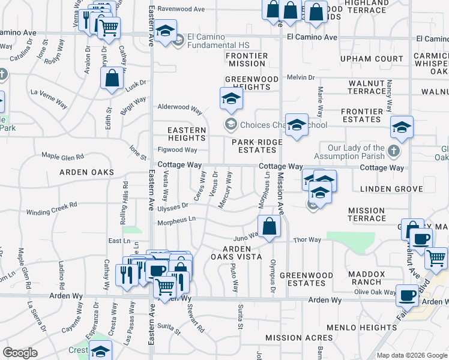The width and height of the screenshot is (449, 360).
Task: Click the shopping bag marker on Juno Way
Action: (x=270, y=227)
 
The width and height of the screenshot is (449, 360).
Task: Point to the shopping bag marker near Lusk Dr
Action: (x=112, y=79)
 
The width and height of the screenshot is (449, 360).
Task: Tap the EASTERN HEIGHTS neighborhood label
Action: (x=187, y=134)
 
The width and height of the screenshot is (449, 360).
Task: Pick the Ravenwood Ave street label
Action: (x=181, y=9)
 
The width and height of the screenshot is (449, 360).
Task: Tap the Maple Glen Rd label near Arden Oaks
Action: (x=62, y=156)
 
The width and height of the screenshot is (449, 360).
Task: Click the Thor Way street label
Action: (x=307, y=240)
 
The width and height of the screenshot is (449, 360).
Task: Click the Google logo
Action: (x=20, y=352)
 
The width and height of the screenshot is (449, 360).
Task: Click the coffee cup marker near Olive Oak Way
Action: (x=408, y=295)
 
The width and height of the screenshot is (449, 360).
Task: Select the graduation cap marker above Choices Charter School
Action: (x=231, y=99)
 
